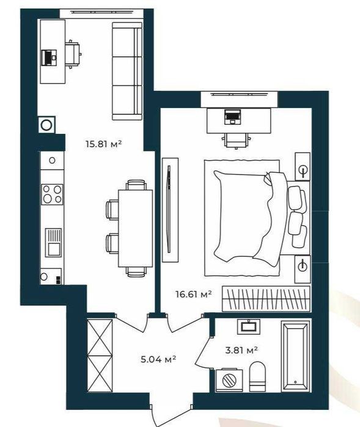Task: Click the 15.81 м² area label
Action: [103, 144]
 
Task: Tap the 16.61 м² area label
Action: [194, 294]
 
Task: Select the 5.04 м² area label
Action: [158, 359]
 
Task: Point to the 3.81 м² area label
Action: [241, 350]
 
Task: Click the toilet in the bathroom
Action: [257, 377]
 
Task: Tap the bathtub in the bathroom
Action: [296, 356]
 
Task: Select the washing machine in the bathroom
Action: [229, 381]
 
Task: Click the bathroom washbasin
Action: [249, 327]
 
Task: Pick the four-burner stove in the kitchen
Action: [52, 194]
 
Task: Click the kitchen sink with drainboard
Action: [53, 243]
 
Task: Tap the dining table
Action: [135, 228]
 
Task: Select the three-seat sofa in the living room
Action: [127, 71]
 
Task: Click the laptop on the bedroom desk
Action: [232, 117]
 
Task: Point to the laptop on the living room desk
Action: [50, 57]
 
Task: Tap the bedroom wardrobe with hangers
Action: [266, 299]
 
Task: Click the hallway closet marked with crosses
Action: [100, 356]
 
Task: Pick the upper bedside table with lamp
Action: [303, 166]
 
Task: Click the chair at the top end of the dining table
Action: [136, 185]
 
